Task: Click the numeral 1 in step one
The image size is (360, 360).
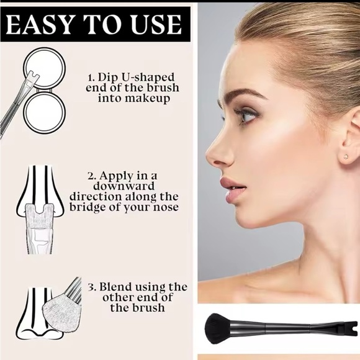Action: tap(90, 78)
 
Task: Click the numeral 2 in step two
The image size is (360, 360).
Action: tap(90, 176)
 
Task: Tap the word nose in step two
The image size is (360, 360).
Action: tap(166, 206)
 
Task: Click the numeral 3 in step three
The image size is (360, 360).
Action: tap(90, 287)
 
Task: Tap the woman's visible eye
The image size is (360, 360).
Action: tap(246, 115)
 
